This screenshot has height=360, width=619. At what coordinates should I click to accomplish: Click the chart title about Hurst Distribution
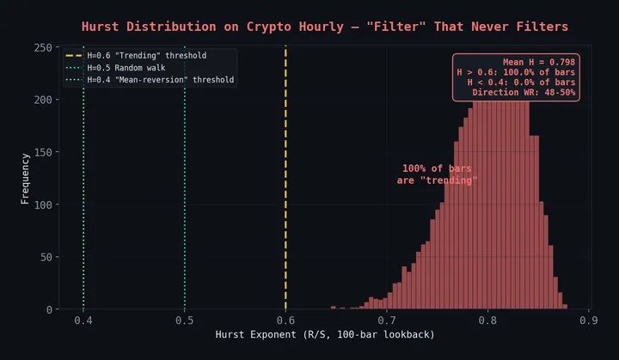click(324, 27)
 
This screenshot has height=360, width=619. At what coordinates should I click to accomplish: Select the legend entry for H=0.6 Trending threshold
click(146, 55)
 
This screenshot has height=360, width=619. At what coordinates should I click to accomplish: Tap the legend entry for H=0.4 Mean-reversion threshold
click(161, 80)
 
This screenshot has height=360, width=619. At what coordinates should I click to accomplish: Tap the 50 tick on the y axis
click(45, 257)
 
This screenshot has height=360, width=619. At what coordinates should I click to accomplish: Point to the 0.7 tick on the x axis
click(387, 320)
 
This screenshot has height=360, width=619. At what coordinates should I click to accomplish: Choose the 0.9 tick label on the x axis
click(589, 320)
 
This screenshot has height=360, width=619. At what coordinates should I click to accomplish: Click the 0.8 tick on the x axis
click(487, 320)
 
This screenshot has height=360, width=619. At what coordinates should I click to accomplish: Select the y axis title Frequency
click(25, 178)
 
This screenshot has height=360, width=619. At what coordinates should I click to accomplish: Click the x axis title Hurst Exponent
click(324, 334)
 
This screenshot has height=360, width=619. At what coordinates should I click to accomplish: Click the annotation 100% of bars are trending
click(437, 174)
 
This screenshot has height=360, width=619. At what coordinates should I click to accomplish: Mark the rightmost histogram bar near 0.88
click(564, 307)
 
